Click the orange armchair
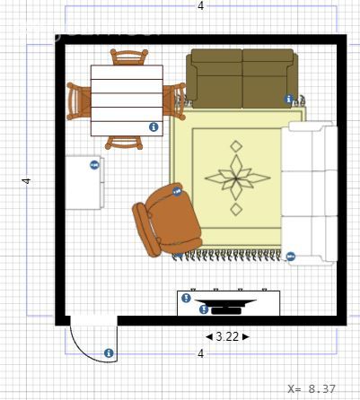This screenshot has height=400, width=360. pos(167,220)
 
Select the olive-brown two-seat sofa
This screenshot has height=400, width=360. pos(242,78)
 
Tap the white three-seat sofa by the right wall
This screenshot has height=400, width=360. pos(310,194)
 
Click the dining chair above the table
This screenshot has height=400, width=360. pos(129,57)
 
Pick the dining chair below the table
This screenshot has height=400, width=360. pos(124,143)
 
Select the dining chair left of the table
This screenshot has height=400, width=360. pos(79,101)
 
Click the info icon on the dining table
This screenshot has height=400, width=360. pos(154,127)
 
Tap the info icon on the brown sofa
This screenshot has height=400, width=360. pos(288,99)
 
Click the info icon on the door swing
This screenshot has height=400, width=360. pos(109,353)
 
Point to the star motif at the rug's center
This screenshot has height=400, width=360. pos(238,178)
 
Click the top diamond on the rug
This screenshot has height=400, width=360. pos(236,146)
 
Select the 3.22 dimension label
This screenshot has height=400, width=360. pos(227,337)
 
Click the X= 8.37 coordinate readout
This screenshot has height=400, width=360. pos(312,388)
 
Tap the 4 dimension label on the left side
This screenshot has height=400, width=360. pos(27,181)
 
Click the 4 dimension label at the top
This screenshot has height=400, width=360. pos(201,5)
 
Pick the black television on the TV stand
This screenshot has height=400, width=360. pos(225,307)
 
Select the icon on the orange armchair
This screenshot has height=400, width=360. pos(178,191)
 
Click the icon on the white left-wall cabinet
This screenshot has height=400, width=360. pos(94,165)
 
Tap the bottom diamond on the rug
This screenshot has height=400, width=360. pos(236,209)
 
